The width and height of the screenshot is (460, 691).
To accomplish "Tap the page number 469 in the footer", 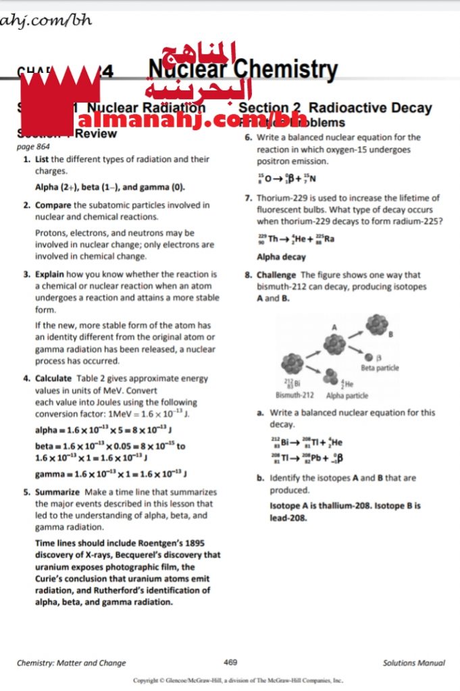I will [230, 663].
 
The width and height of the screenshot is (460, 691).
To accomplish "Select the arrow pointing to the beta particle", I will [355, 352].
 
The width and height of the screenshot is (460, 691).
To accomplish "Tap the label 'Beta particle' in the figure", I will [380, 368].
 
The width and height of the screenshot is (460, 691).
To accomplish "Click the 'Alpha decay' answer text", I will [281, 257].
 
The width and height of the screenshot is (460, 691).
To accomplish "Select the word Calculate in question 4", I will [53, 379].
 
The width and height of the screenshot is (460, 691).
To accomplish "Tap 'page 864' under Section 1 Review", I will [32, 146].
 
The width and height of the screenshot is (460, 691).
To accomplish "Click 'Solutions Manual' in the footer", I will [413, 663].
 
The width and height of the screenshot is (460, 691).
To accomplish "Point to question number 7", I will [248, 198].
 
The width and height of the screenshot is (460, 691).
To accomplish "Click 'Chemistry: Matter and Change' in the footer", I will [72, 663].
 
